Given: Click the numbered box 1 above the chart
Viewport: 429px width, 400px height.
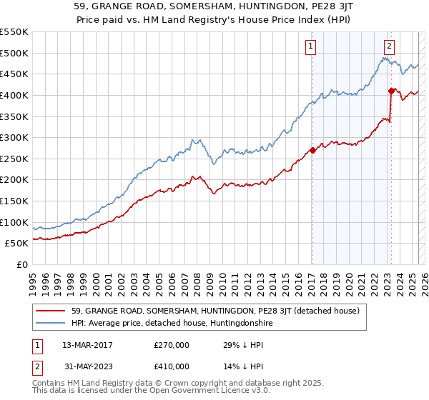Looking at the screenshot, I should tap(312, 47).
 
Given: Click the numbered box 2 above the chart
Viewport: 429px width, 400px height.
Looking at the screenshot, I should tap(389, 47).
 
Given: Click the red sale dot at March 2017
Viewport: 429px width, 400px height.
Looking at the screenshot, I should tap(312, 150).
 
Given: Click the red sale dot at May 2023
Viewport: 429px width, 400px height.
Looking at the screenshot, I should tap(391, 91).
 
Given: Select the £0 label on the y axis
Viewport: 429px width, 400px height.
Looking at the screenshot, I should tap(23, 264).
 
